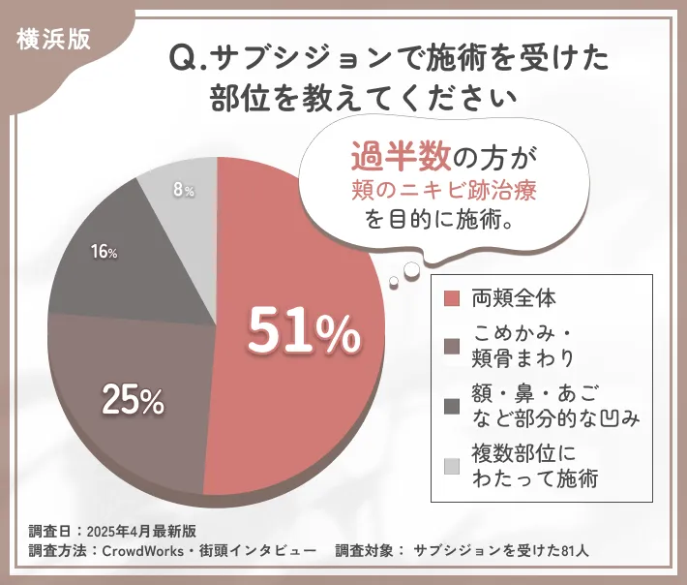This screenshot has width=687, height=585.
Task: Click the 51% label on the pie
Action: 304,332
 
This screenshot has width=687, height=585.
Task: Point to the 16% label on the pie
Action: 104,253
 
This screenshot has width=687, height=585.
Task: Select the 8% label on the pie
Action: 184,191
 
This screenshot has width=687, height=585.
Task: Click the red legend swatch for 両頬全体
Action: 451,297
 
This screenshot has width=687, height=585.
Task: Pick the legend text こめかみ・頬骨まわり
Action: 523,346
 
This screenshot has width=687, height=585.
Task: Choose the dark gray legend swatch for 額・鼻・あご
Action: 451,407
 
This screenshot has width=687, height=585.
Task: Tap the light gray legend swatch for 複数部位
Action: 451,467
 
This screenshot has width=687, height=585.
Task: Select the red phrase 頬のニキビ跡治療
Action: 444,190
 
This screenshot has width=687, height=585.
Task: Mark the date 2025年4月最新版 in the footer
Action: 141,531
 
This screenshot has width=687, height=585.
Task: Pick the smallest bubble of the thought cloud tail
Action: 393,281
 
